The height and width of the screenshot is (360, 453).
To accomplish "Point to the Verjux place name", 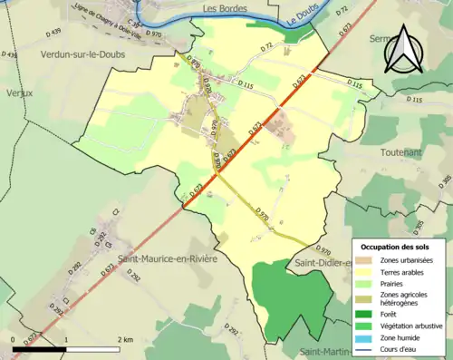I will (18, 92).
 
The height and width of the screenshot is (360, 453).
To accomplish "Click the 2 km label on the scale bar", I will (125, 338).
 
